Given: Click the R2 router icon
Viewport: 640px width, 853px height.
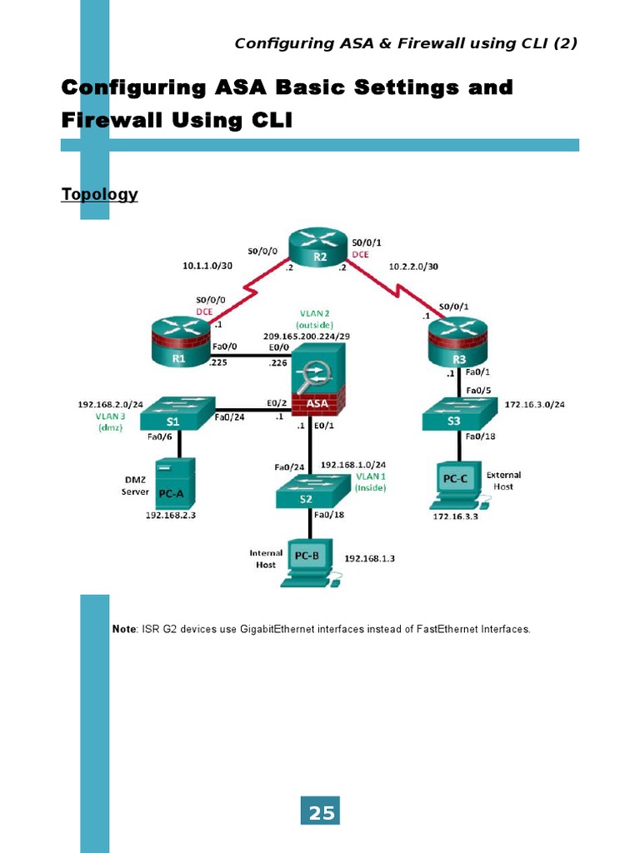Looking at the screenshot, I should (320, 249).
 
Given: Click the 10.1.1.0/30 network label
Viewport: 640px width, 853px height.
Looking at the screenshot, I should (208, 267).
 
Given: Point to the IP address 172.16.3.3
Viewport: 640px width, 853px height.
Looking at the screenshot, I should (455, 517).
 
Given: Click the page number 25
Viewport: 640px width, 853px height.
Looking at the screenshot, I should (321, 813).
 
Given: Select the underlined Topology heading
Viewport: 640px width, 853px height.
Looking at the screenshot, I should (99, 194).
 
